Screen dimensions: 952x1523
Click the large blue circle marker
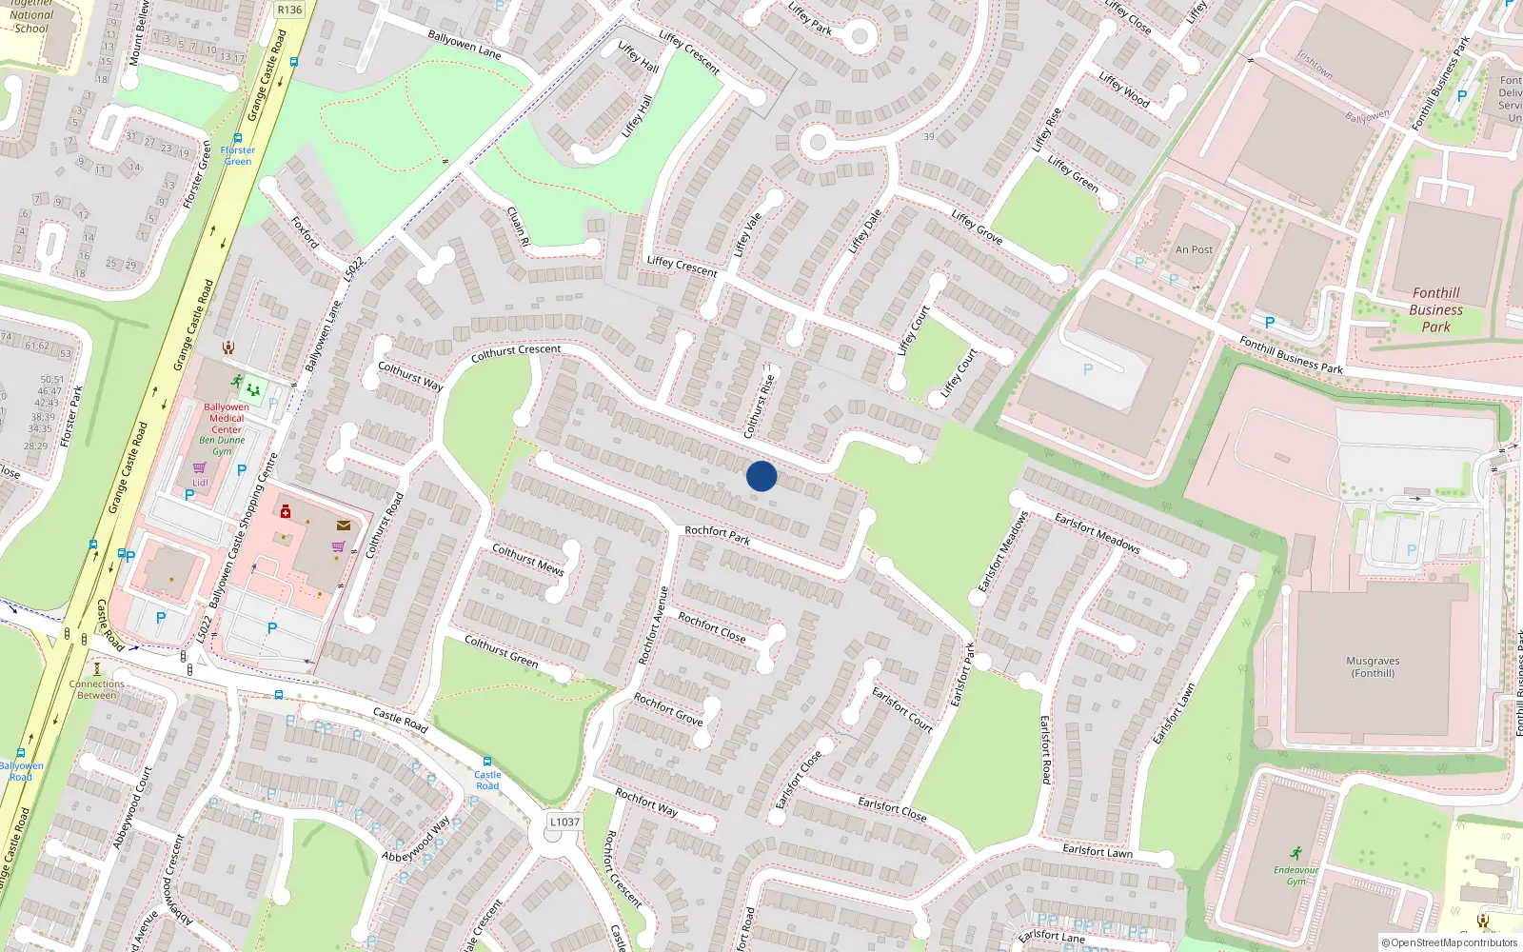[x=761, y=476]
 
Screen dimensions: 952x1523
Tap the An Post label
[x=1194, y=250]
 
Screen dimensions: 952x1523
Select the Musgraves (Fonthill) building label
[x=1373, y=666]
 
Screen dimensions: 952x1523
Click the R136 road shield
[x=289, y=10]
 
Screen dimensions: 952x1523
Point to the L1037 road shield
[x=564, y=822]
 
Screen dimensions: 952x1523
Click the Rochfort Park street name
[x=718, y=535]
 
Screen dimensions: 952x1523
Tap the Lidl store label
[x=200, y=483]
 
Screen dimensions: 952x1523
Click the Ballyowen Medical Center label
[x=227, y=418]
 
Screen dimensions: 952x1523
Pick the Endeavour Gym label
[x=1296, y=875]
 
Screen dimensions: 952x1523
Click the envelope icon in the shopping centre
[x=344, y=525]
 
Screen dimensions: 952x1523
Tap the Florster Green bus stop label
[x=237, y=155]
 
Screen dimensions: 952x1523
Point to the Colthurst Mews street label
[x=527, y=560]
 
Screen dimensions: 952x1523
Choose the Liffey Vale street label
[x=747, y=234]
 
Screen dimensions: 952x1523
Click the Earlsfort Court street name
[x=902, y=709]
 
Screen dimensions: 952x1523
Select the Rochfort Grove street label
[x=668, y=709]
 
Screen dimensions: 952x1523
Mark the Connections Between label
[x=96, y=689]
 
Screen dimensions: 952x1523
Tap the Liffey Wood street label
[x=1124, y=89]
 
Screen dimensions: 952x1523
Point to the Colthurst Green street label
[x=501, y=651]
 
